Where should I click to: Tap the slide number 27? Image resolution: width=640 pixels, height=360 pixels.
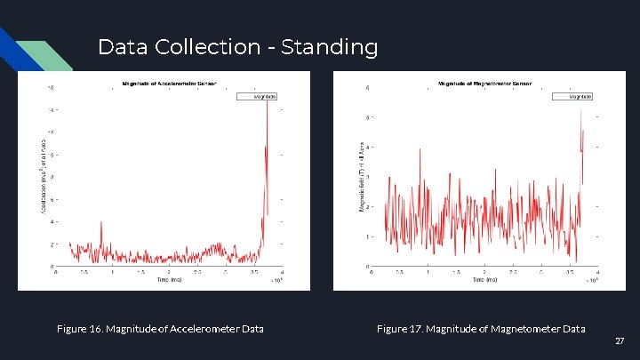coord(620,341)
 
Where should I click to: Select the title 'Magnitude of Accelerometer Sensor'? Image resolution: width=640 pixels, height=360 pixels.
coord(168,84)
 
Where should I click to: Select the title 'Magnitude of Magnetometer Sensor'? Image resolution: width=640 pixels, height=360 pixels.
coord(484,84)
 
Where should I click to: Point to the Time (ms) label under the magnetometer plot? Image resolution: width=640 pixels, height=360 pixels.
coord(484,279)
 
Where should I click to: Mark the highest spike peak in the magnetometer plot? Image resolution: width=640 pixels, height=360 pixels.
coord(580,108)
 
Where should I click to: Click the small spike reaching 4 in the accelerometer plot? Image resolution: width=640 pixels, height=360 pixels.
coord(100,223)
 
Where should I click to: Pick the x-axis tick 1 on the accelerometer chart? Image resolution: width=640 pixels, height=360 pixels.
coord(112,272)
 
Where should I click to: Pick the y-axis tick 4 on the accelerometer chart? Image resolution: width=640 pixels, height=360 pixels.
coord(51,221)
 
